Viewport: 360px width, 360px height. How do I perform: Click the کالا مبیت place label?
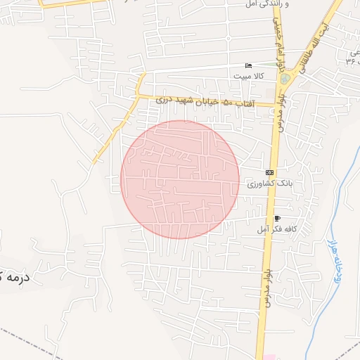pos(249,77)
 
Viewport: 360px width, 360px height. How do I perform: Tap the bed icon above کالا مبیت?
pos(247,66)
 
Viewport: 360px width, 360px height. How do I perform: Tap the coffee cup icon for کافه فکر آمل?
pos(277,219)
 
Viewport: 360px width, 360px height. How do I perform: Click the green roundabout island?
pos(285,79)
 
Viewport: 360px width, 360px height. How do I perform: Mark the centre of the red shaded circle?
pos(180,179)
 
